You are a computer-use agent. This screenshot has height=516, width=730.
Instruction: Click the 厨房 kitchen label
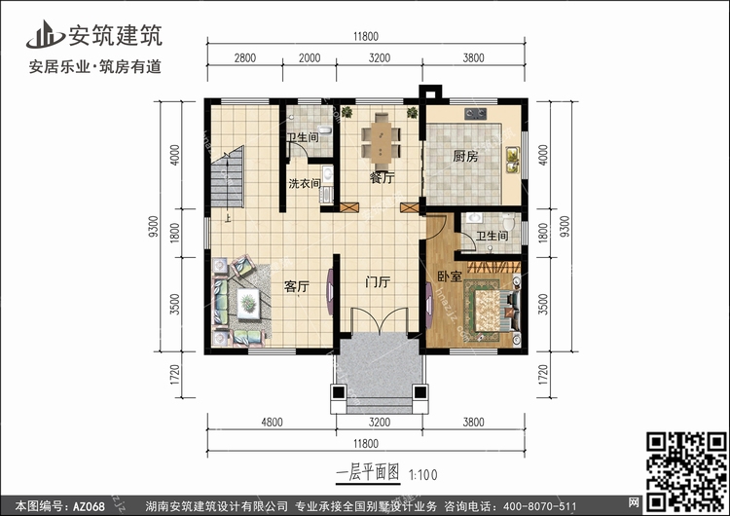click(x=465, y=157)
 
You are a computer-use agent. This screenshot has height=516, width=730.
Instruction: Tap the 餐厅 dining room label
click(x=382, y=177)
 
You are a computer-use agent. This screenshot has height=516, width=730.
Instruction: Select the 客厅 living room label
click(x=297, y=286)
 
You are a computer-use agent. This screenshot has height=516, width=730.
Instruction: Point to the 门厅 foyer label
click(x=378, y=281)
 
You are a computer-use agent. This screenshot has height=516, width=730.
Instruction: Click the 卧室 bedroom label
click(x=450, y=276)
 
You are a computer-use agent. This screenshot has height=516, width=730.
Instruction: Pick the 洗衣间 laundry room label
click(x=305, y=183)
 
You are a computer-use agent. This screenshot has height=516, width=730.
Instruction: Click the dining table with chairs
click(x=382, y=141)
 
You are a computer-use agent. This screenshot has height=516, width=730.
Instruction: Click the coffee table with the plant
click(x=248, y=304)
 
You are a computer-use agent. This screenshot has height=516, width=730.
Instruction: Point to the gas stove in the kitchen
click(x=475, y=113)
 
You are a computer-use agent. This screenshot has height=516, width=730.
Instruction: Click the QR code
click(x=686, y=471)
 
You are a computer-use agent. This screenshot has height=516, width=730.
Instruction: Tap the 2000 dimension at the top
click(x=310, y=57)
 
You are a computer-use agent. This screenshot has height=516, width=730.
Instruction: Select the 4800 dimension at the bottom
click(x=272, y=422)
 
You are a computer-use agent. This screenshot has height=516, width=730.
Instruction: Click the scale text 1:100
click(x=423, y=474)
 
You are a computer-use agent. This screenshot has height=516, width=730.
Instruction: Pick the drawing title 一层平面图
click(x=367, y=473)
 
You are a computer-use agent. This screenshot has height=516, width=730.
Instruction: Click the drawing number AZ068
click(x=89, y=505)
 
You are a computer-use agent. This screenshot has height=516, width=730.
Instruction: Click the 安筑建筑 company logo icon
click(x=45, y=34)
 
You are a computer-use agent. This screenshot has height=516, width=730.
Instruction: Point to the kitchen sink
click(x=513, y=161)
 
